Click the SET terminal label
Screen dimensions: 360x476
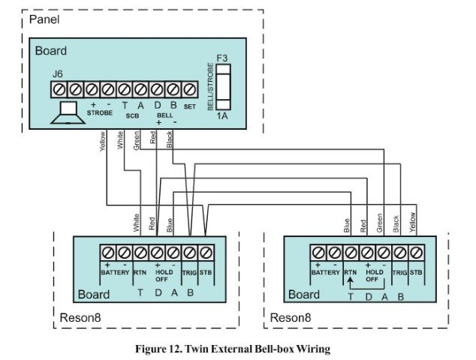189,107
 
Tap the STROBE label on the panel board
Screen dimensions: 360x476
99,112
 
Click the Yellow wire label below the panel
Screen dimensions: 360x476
101,142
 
